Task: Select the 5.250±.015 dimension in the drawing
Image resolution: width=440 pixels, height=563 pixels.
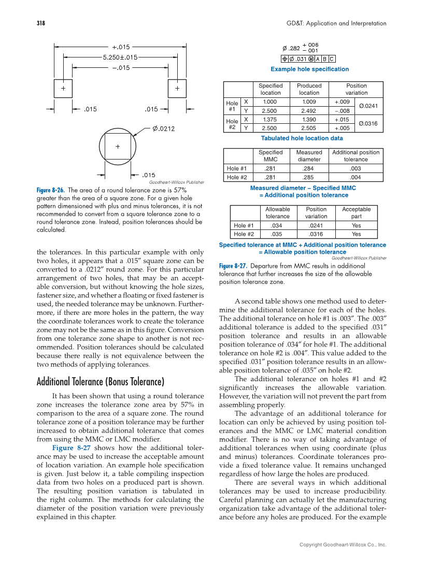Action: (120, 57)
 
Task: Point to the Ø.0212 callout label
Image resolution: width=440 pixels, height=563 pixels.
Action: (163, 129)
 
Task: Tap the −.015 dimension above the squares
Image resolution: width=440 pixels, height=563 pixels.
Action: (121, 67)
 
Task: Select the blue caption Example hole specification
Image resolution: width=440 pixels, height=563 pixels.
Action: (309, 69)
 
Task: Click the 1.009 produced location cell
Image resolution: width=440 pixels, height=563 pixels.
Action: (309, 102)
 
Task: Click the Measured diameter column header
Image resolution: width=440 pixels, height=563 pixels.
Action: (309, 156)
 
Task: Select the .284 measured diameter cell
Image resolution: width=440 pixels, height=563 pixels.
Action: (309, 168)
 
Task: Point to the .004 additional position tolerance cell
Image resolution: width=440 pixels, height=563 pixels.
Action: (356, 177)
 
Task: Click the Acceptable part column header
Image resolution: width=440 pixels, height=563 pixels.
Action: (356, 213)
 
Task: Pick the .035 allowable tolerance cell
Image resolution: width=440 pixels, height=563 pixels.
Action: (277, 234)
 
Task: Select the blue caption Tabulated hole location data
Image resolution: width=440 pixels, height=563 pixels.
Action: (302, 138)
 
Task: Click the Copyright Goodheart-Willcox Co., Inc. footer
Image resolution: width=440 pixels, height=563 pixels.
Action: (343, 545)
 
